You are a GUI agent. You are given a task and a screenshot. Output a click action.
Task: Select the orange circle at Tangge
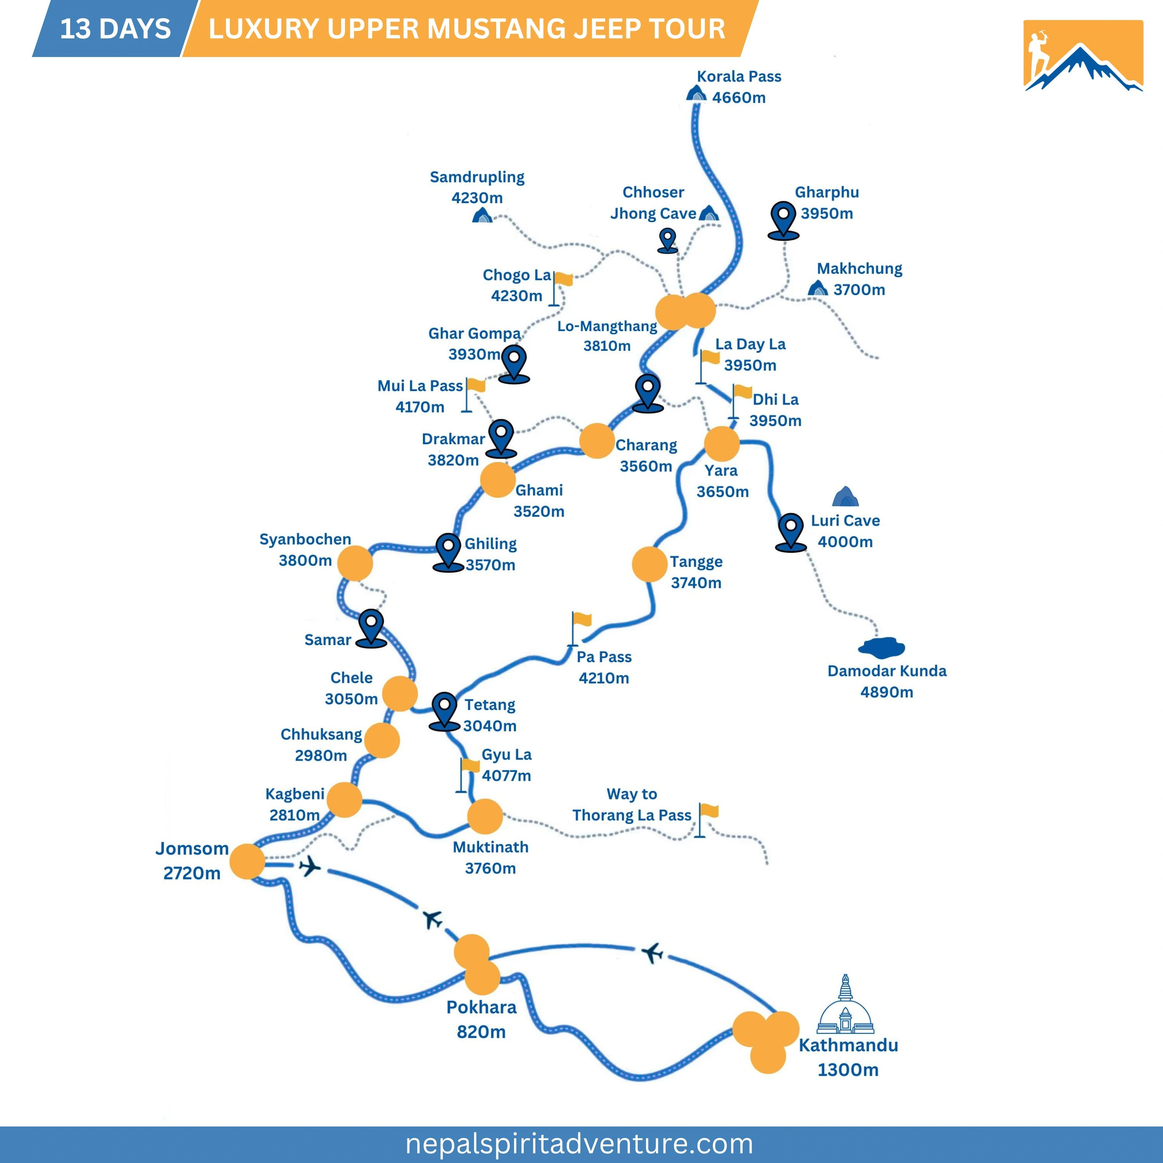coord(649,564)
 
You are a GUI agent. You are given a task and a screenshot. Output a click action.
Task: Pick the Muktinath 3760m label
coord(491,857)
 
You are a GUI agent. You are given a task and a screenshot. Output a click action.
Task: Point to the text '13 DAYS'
coord(116,29)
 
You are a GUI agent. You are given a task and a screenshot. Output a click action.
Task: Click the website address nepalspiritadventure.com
coord(579,1143)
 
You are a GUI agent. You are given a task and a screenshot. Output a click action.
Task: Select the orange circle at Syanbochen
coord(355,563)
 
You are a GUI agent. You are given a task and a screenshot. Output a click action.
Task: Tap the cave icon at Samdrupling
coord(482,215)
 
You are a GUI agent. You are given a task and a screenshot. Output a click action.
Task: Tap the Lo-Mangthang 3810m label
coord(607,336)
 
